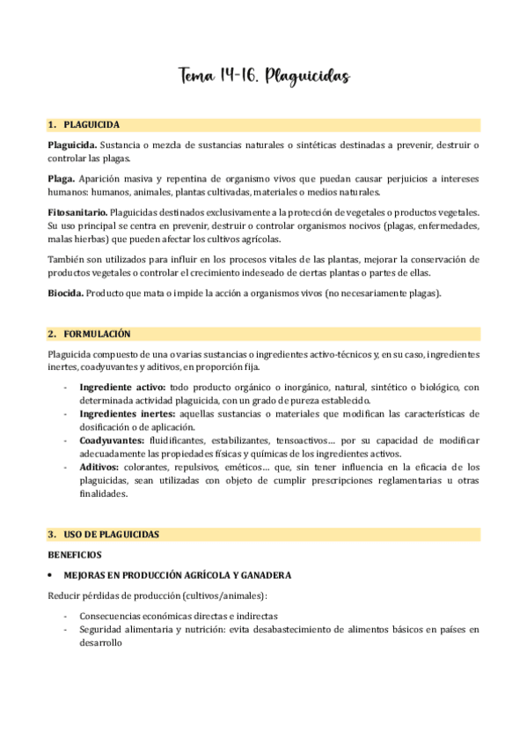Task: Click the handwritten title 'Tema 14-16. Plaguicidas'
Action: click(264, 77)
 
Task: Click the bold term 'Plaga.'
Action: click(62, 179)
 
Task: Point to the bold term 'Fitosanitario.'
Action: click(77, 212)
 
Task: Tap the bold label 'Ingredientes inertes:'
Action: click(127, 413)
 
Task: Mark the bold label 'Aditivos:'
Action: click(100, 466)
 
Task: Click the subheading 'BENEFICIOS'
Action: click(75, 555)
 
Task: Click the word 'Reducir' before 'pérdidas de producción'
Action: click(63, 596)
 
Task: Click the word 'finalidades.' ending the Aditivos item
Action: click(103, 494)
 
